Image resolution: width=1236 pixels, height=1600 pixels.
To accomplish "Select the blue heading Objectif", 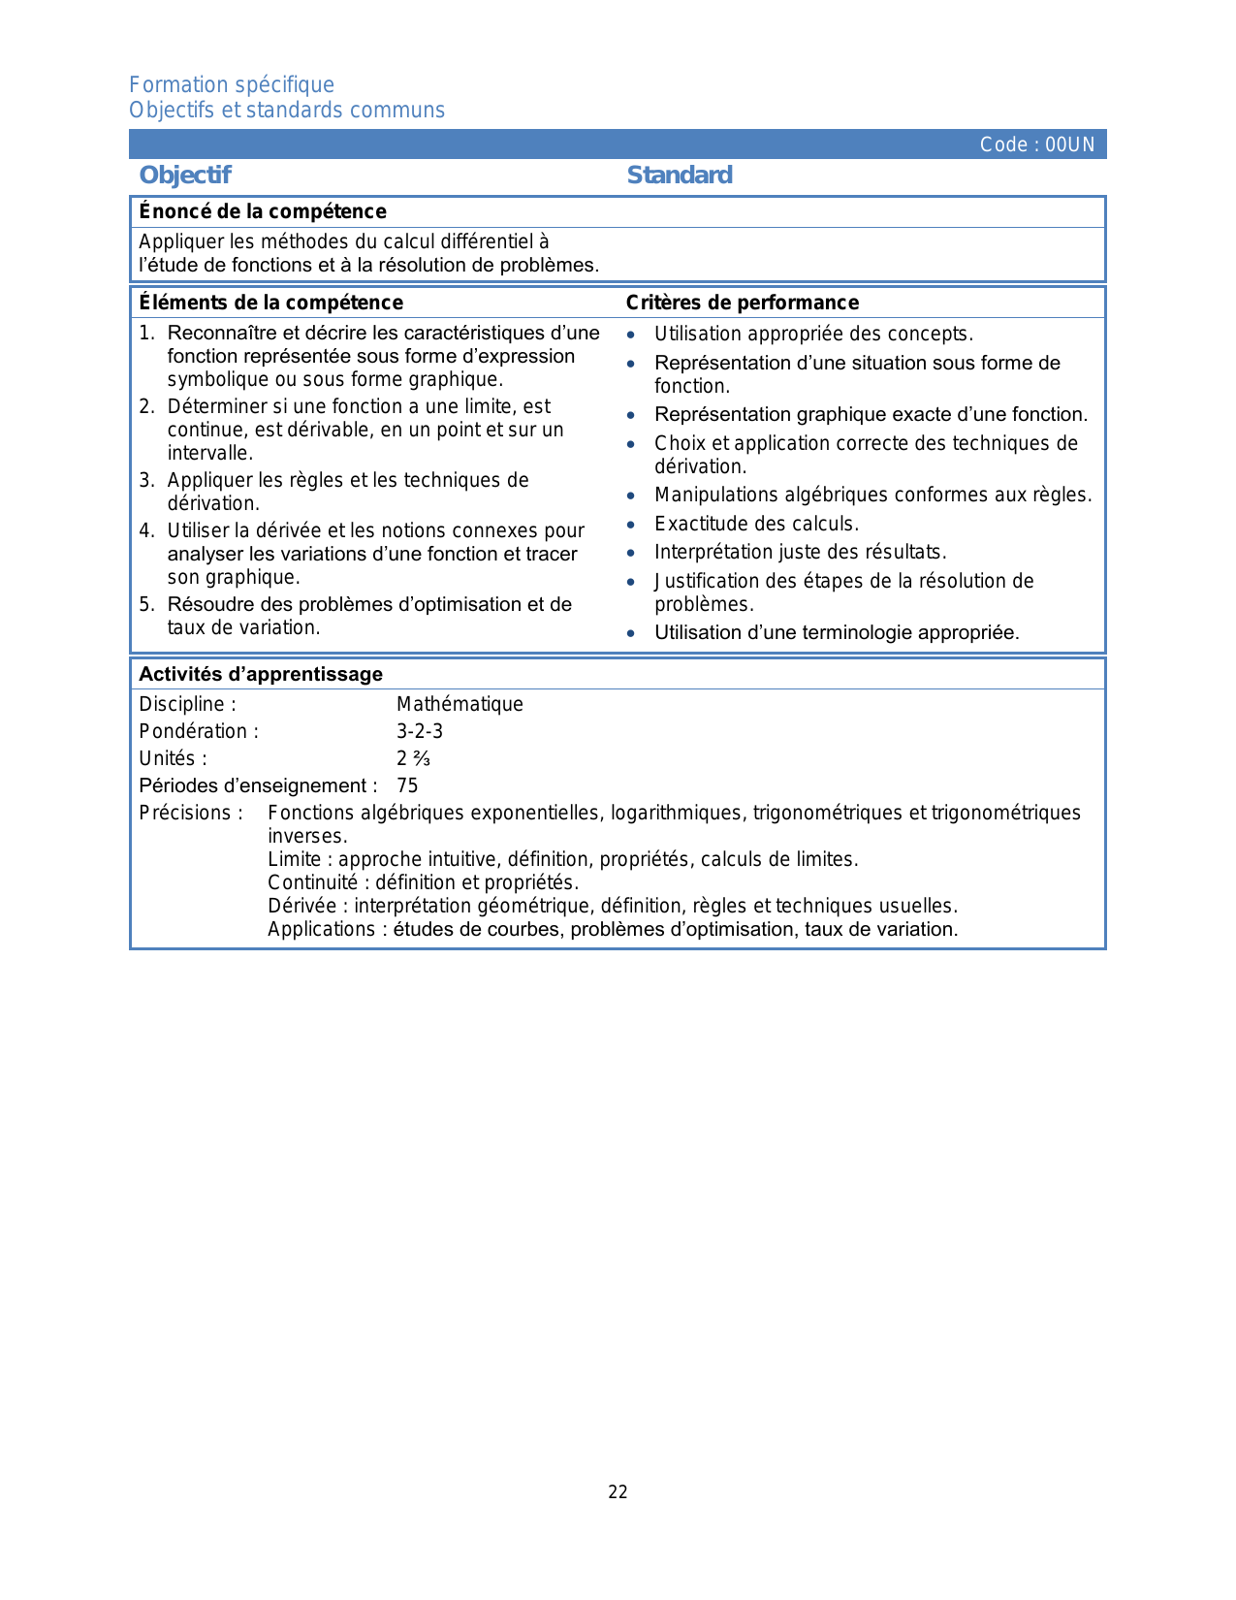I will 185,175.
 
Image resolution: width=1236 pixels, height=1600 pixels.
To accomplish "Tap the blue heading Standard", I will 680,175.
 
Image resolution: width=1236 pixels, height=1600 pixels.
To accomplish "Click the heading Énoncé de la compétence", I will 263,211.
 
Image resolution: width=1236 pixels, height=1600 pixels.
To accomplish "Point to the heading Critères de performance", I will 743,303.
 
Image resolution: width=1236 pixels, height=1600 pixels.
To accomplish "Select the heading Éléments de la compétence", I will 270,303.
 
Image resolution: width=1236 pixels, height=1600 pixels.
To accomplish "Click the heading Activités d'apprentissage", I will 261,674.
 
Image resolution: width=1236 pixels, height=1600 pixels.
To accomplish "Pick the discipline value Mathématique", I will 460,704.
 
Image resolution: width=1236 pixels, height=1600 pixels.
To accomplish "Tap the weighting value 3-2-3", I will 420,731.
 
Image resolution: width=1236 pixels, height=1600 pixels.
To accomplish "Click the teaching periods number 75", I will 407,785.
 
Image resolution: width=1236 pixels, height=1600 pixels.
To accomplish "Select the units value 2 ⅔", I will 413,758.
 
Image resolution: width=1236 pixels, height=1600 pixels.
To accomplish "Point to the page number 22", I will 618,1492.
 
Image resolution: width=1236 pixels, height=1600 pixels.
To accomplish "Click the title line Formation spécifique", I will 232,84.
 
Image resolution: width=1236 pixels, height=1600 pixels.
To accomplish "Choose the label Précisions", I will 190,813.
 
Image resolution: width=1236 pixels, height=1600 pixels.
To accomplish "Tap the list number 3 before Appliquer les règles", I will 145,480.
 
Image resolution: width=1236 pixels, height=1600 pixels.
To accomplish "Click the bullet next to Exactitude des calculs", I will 631,525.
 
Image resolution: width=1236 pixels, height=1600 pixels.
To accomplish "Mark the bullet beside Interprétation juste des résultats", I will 631,553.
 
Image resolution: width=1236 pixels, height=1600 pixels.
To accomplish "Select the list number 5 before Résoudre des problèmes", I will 145,604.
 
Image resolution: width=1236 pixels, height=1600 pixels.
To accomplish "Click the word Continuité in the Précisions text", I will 312,882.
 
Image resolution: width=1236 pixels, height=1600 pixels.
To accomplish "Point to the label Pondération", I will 199,731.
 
